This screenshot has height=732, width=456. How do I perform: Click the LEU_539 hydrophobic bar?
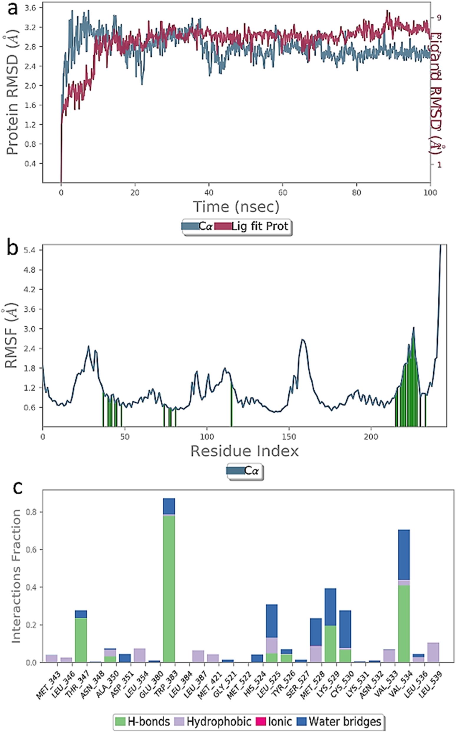click(433, 653)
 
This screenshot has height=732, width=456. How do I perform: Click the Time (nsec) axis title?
click(236, 207)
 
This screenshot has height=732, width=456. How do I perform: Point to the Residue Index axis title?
click(244, 451)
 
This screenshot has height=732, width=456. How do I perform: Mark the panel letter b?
click(12, 250)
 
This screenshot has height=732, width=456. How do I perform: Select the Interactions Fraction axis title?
click(16, 576)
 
